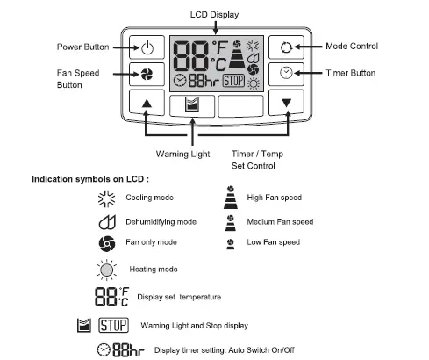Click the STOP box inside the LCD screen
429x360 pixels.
(x=233, y=81)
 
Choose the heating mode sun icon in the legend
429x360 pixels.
(x=106, y=269)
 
